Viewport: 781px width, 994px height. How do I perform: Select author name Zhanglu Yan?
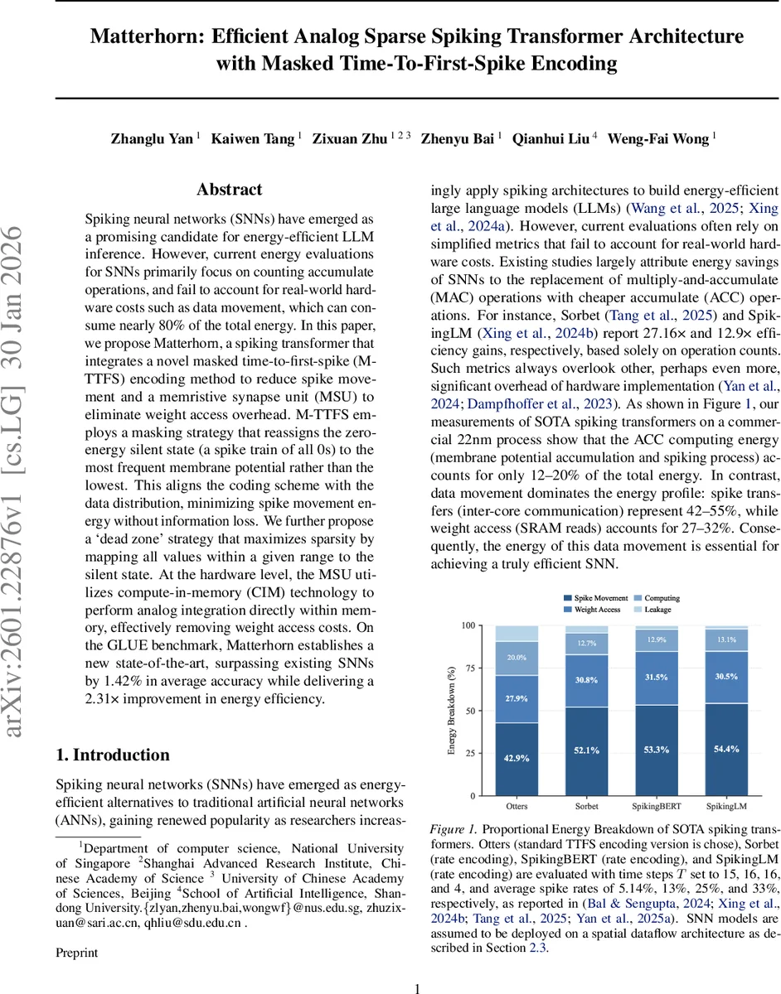(153, 139)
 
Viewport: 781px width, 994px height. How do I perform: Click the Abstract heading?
(230, 190)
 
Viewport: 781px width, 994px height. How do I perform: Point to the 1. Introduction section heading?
(113, 755)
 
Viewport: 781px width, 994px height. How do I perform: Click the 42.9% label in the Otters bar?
(517, 756)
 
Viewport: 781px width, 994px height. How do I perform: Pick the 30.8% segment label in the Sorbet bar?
(585, 680)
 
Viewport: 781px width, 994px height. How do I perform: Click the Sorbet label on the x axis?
(585, 805)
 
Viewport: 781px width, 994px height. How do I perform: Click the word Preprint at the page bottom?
(76, 953)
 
